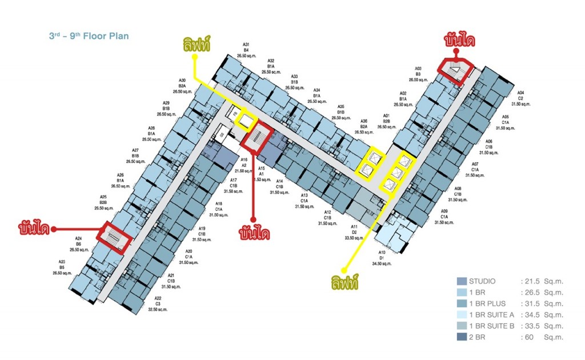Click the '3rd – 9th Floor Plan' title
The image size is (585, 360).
click(89, 36)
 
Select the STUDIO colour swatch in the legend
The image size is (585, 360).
click(462, 281)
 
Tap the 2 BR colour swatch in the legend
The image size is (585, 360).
click(462, 337)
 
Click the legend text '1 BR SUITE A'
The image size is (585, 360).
click(492, 315)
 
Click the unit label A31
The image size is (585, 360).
click(246, 45)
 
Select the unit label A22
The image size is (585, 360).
click(158, 298)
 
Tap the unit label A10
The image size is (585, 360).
click(382, 253)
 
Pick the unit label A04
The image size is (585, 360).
click(520, 93)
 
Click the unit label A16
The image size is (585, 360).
click(244, 159)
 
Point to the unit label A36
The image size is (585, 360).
click(364, 121)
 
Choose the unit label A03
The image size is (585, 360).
click(418, 68)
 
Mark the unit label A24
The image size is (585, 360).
click(78, 238)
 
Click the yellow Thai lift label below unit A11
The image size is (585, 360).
click(344, 282)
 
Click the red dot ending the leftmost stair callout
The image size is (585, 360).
click(53, 230)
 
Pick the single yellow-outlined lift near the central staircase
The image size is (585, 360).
click(247, 121)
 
